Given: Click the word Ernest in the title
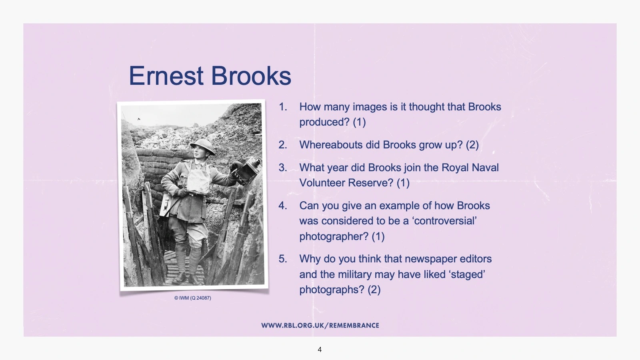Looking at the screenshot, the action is coord(166,76).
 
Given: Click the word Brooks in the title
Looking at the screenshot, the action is coord(251,76).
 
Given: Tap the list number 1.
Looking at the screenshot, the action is coord(283,107).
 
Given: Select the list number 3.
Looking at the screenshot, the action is coord(283,168).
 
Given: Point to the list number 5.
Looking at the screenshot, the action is coord(283,259).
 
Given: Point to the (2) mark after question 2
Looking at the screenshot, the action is coord(472,145).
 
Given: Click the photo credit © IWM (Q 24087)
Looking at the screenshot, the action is coord(192,298).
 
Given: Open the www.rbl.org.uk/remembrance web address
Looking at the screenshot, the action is coord(320,326).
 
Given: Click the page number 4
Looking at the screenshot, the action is coord(320,350).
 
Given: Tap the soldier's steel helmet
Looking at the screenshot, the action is coord(203,146).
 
